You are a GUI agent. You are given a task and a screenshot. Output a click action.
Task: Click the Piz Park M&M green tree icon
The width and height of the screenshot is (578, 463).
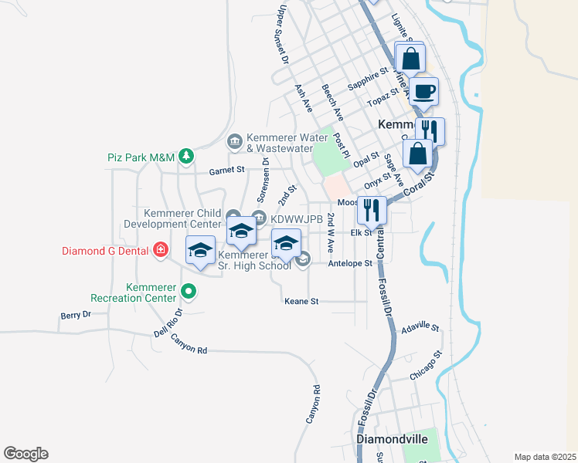pos(185,157)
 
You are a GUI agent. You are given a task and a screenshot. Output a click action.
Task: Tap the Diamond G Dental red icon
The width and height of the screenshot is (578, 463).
pos(160,250)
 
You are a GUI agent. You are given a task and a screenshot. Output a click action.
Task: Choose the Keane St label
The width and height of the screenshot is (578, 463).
pos(301,301)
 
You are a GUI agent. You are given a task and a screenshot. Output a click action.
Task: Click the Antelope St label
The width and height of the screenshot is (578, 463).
pos(350,263)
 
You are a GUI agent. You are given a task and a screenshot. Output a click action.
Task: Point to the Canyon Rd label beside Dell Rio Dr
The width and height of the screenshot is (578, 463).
pos(189,344)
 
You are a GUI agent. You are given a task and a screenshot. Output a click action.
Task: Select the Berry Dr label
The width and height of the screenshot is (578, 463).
pos(76,315)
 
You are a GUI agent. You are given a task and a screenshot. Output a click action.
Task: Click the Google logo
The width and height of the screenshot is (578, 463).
pos(25,454)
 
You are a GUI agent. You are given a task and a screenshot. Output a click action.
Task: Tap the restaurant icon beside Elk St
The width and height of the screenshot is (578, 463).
pos(372,211)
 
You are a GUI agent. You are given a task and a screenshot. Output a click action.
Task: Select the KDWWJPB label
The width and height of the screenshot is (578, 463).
pos(295,219)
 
